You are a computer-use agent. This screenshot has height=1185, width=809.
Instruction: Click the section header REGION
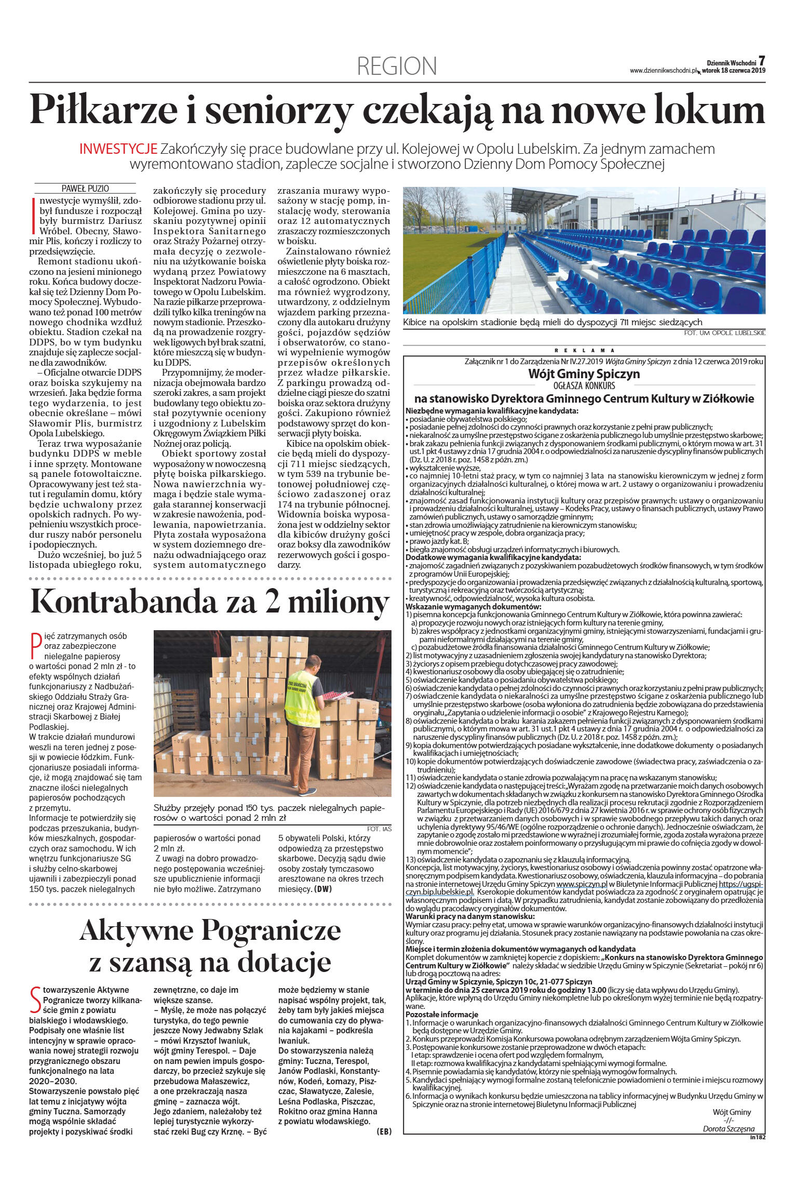[x=397, y=66]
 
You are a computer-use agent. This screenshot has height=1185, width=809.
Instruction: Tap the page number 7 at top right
[x=761, y=61]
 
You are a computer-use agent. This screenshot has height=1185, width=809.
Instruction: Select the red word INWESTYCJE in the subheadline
[x=118, y=149]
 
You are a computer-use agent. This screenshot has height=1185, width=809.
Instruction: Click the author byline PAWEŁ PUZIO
[x=85, y=189]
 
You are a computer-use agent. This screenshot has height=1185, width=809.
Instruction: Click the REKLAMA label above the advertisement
[x=584, y=351]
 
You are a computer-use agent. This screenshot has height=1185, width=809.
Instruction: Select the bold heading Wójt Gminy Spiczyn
[x=584, y=374]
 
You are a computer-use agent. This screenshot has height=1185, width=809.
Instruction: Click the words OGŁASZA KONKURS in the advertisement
[x=584, y=386]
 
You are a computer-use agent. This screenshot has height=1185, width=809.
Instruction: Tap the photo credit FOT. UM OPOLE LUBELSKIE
[x=725, y=333]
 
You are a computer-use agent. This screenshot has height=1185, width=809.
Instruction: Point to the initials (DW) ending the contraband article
[x=322, y=889]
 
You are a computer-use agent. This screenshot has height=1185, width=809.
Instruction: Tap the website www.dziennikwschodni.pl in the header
[x=664, y=71]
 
